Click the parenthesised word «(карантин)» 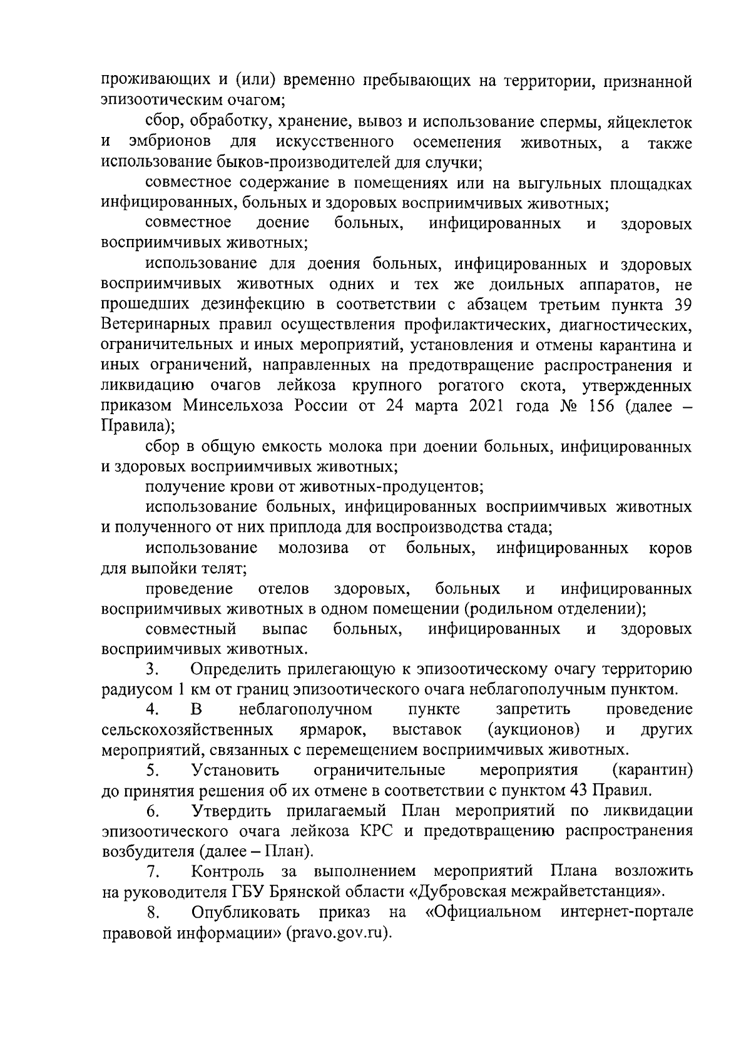[x=653, y=770]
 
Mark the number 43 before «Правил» [x=580, y=791]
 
